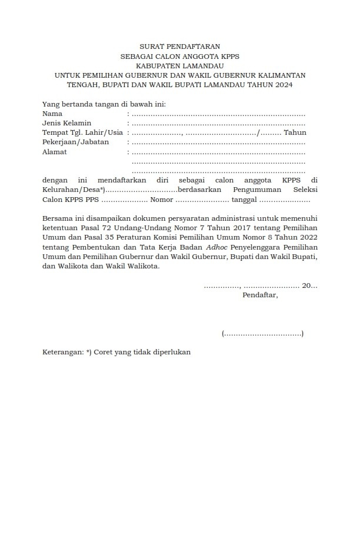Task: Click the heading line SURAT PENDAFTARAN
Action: click(x=180, y=46)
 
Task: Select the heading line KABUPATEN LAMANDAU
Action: click(x=180, y=65)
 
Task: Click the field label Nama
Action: click(x=52, y=113)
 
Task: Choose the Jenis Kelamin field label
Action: click(x=66, y=123)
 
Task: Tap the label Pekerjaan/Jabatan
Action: click(x=75, y=142)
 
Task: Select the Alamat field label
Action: click(x=55, y=152)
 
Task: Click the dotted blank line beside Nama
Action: click(x=218, y=114)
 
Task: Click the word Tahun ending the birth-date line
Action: click(x=295, y=132)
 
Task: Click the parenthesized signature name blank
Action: click(x=263, y=334)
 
